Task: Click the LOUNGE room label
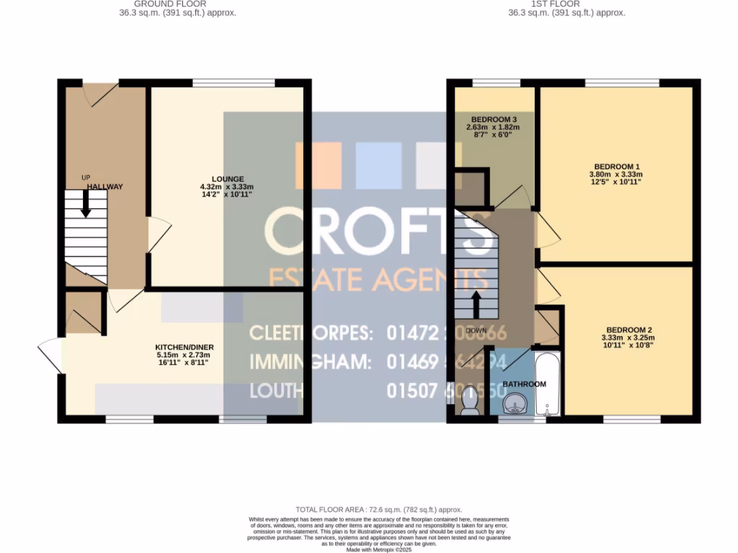coord(227,179)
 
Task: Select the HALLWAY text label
coord(105,186)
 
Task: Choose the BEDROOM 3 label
coord(494,119)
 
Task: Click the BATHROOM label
coord(524,385)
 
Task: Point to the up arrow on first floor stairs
coord(476,303)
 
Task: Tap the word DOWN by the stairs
coord(476,331)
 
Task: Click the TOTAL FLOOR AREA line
coord(378,510)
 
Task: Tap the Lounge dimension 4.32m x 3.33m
coord(227,186)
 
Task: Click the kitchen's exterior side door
coord(49,354)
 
